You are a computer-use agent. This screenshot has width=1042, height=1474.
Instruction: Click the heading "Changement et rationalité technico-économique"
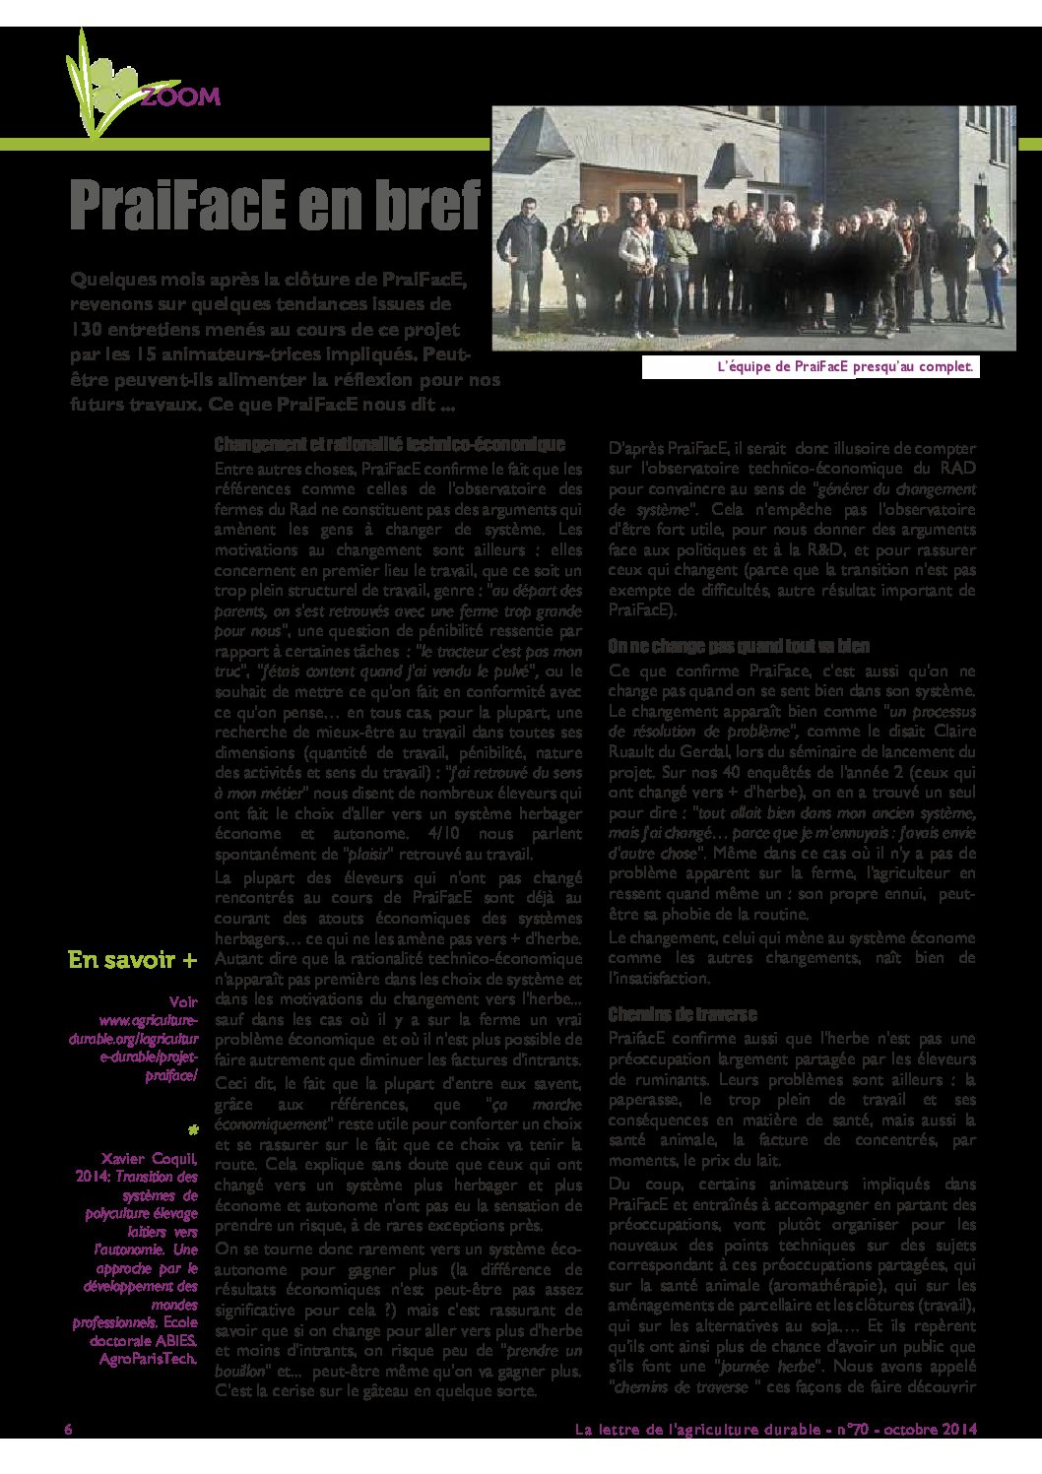coord(389,445)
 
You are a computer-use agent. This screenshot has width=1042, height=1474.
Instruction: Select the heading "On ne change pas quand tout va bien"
coord(739,646)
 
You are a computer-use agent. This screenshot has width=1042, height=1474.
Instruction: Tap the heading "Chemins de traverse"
coord(682,1013)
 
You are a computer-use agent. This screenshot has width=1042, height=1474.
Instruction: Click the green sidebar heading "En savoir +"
coord(132,959)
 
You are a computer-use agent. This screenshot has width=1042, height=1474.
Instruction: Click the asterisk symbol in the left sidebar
coord(192,1128)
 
